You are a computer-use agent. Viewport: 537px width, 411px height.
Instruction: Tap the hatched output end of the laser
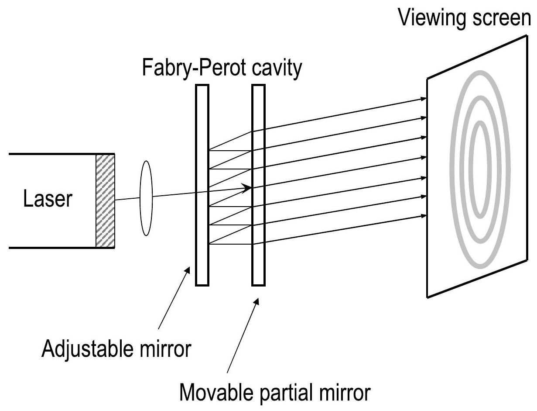105,200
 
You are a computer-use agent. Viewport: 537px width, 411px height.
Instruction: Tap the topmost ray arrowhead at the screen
422,100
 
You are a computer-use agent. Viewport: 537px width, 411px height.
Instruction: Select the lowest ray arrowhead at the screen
422,215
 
